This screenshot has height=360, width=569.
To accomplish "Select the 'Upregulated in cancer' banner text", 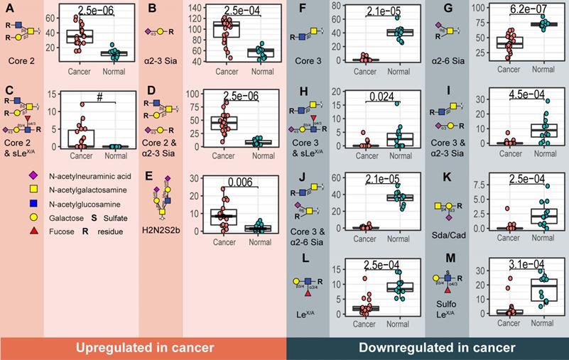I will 143,347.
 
